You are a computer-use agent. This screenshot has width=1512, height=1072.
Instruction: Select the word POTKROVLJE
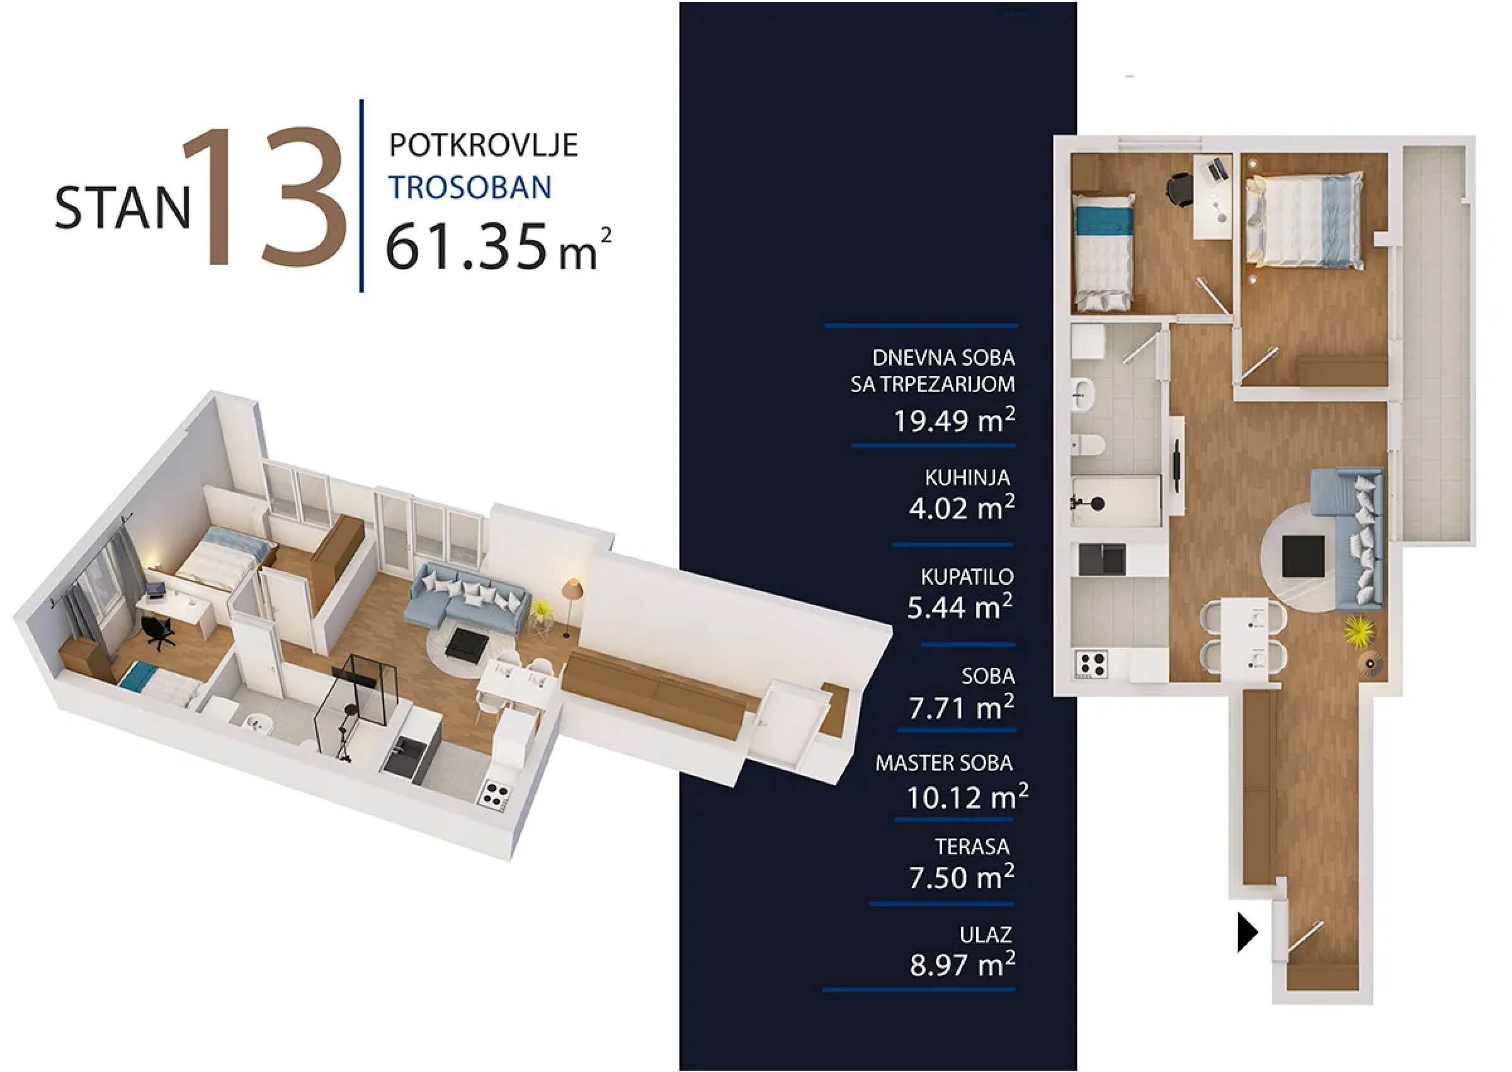point(483,145)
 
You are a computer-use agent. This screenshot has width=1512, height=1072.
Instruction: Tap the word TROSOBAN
point(469,187)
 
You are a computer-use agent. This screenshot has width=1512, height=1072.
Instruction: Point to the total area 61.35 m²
point(498,246)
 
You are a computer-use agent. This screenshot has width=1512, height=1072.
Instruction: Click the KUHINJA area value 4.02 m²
point(962,507)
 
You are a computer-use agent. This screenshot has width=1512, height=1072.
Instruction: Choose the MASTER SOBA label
point(943,763)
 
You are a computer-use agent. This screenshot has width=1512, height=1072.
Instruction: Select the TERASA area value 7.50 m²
point(962,877)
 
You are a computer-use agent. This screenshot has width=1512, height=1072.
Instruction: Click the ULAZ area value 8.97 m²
point(962,964)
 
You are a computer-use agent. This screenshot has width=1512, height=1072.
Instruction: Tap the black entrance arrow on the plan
point(1248,933)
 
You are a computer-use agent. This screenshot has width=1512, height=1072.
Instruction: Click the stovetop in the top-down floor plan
point(1091,664)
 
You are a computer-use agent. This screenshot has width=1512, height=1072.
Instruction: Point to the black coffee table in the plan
point(1303,556)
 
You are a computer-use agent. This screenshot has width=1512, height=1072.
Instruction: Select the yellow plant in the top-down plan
point(1360,630)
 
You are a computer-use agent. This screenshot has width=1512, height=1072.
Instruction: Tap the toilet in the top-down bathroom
point(1086,446)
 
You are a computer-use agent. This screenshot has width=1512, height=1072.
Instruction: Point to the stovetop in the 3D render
point(494,794)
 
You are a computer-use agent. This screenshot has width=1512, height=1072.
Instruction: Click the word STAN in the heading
point(123,207)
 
